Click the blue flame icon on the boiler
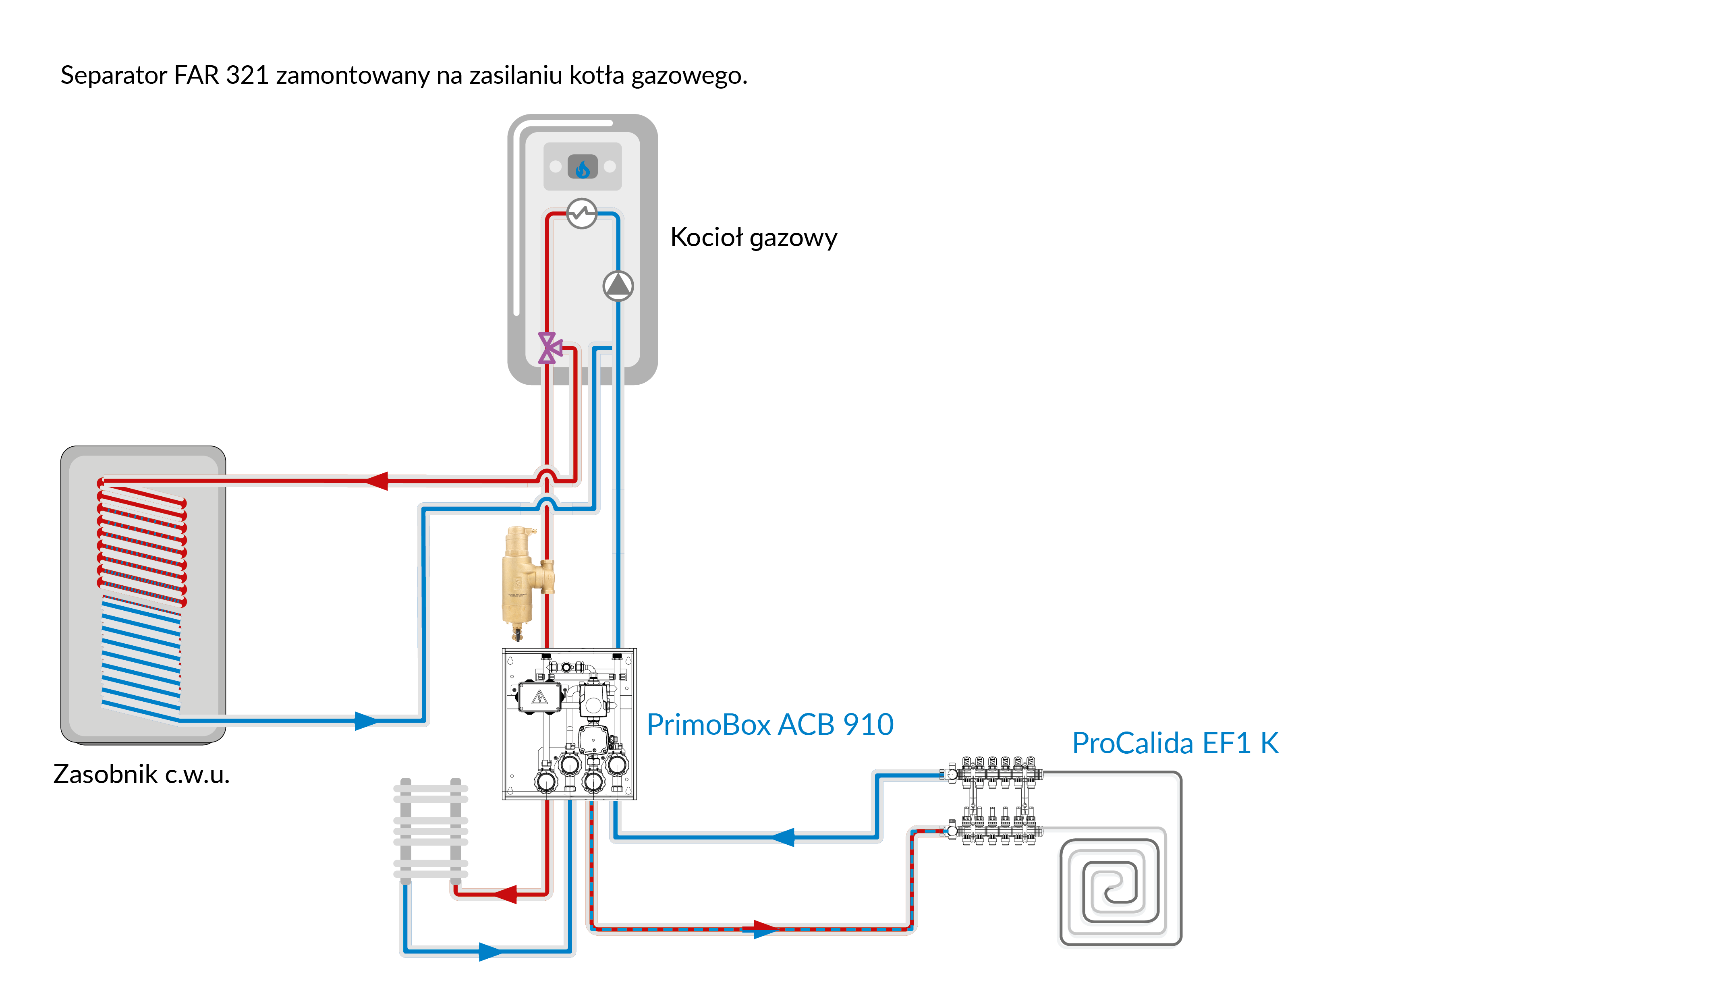tap(583, 167)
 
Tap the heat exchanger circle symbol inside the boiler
tap(582, 213)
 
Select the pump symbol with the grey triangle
tap(618, 286)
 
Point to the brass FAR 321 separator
tap(523, 581)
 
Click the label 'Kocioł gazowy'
tap(753, 238)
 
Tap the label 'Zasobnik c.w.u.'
tap(141, 774)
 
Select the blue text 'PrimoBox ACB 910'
tap(769, 724)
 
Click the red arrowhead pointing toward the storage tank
tap(377, 481)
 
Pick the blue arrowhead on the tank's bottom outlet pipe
tap(365, 720)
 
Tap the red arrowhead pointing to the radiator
tap(505, 894)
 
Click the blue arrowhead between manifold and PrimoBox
tap(783, 837)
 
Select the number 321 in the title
tap(247, 75)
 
